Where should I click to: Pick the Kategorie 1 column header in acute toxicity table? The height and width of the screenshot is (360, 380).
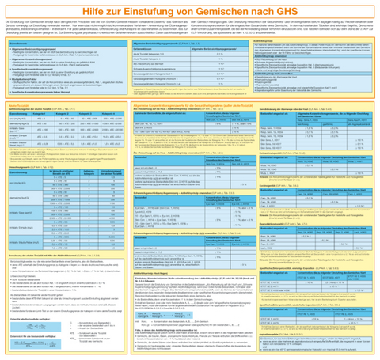38,114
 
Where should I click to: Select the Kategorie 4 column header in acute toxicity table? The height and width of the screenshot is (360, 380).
108,114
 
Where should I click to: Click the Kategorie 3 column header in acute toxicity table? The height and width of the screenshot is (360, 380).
85,114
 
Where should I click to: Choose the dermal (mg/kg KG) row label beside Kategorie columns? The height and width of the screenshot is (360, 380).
16,123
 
